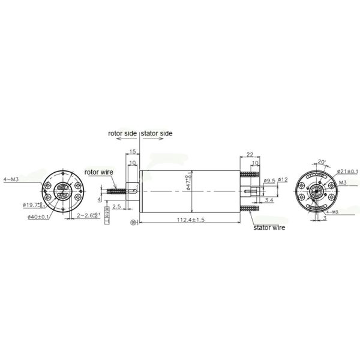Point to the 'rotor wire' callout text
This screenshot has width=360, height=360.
pyautogui.click(x=99, y=172)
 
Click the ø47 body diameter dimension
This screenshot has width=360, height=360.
pyautogui.click(x=189, y=180)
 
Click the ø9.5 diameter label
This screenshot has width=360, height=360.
pyautogui.click(x=269, y=179)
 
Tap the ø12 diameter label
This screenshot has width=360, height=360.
pyautogui.click(x=283, y=179)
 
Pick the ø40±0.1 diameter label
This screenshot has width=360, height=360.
pyautogui.click(x=37, y=217)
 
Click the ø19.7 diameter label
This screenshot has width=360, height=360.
pyautogui.click(x=34, y=205)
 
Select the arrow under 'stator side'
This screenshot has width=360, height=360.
pyautogui.click(x=155, y=139)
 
